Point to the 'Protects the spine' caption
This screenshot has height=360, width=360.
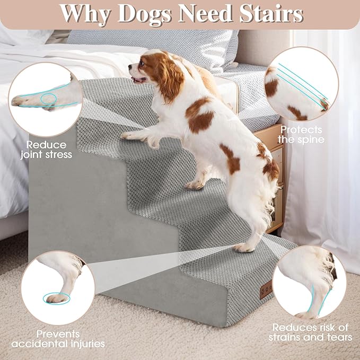coord(302,135)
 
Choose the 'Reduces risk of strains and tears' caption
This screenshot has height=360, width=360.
coord(310,332)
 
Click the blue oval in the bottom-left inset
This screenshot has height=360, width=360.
coord(58,297)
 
